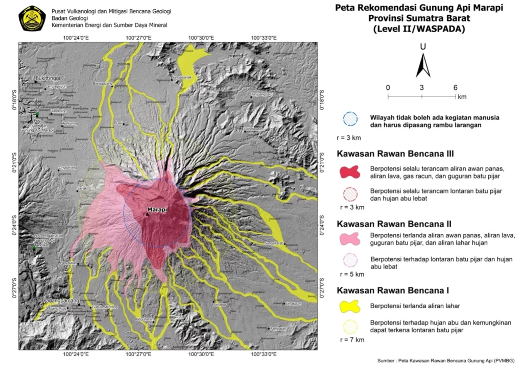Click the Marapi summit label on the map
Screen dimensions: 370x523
pyautogui.click(x=157, y=210)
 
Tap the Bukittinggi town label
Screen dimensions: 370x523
pyautogui.click(x=47, y=78)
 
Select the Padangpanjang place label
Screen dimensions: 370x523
pyautogui.click(x=61, y=301)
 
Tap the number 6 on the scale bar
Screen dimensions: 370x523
pyautogui.click(x=455, y=87)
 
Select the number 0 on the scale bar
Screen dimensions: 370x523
pyautogui.click(x=388, y=87)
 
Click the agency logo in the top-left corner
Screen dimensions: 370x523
pyautogui.click(x=32, y=18)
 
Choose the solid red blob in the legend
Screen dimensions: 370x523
pyautogui.click(x=351, y=172)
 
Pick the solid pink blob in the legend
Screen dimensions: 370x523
pyautogui.click(x=351, y=239)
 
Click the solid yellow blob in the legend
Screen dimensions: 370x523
pyautogui.click(x=351, y=306)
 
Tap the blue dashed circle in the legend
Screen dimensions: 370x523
pyautogui.click(x=351, y=118)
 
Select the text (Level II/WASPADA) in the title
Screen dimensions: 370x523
pyautogui.click(x=418, y=29)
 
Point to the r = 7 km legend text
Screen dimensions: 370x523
pyautogui.click(x=351, y=339)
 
